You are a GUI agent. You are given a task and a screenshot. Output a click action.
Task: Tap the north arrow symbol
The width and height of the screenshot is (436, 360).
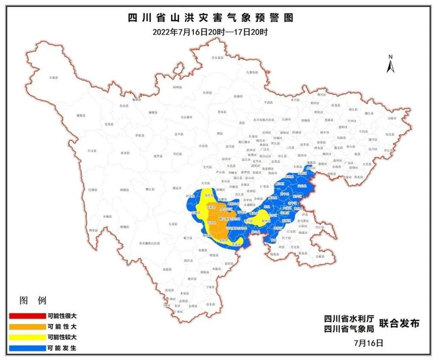pyautogui.click(x=390, y=64)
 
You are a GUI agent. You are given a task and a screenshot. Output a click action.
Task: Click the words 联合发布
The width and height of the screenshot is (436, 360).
pyautogui.click(x=399, y=323)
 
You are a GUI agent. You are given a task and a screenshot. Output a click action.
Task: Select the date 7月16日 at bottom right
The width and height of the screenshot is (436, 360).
pyautogui.click(x=368, y=342)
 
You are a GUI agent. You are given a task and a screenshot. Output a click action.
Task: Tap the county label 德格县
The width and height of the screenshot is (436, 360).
pyautogui.click(x=81, y=115)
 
